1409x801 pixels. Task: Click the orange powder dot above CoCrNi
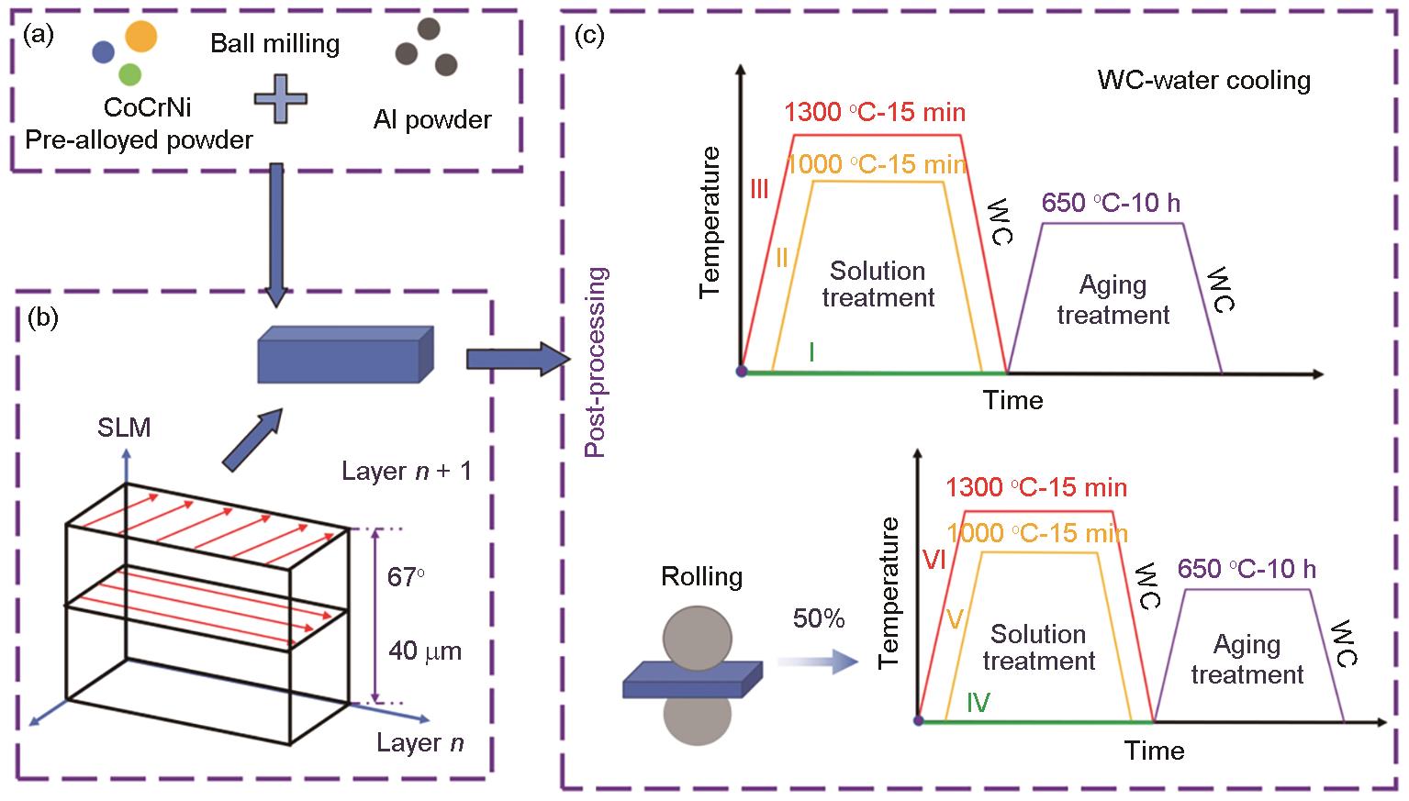[x=140, y=37]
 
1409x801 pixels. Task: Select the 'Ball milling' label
[x=275, y=43]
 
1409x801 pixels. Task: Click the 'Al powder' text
[x=432, y=120]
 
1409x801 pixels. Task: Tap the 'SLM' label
[x=124, y=428]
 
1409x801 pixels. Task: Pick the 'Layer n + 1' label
[x=407, y=472]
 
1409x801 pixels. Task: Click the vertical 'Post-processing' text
[x=597, y=362]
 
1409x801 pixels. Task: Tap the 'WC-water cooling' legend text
[x=1203, y=81]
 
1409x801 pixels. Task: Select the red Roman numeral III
[x=759, y=190]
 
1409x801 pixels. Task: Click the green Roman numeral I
[x=811, y=351]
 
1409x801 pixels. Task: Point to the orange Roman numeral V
[x=955, y=620]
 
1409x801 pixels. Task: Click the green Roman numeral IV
[x=978, y=703]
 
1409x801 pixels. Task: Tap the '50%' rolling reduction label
[x=819, y=620]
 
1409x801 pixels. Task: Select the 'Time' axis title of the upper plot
[x=1013, y=401]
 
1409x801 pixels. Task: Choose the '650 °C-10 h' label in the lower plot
[x=1247, y=570]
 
